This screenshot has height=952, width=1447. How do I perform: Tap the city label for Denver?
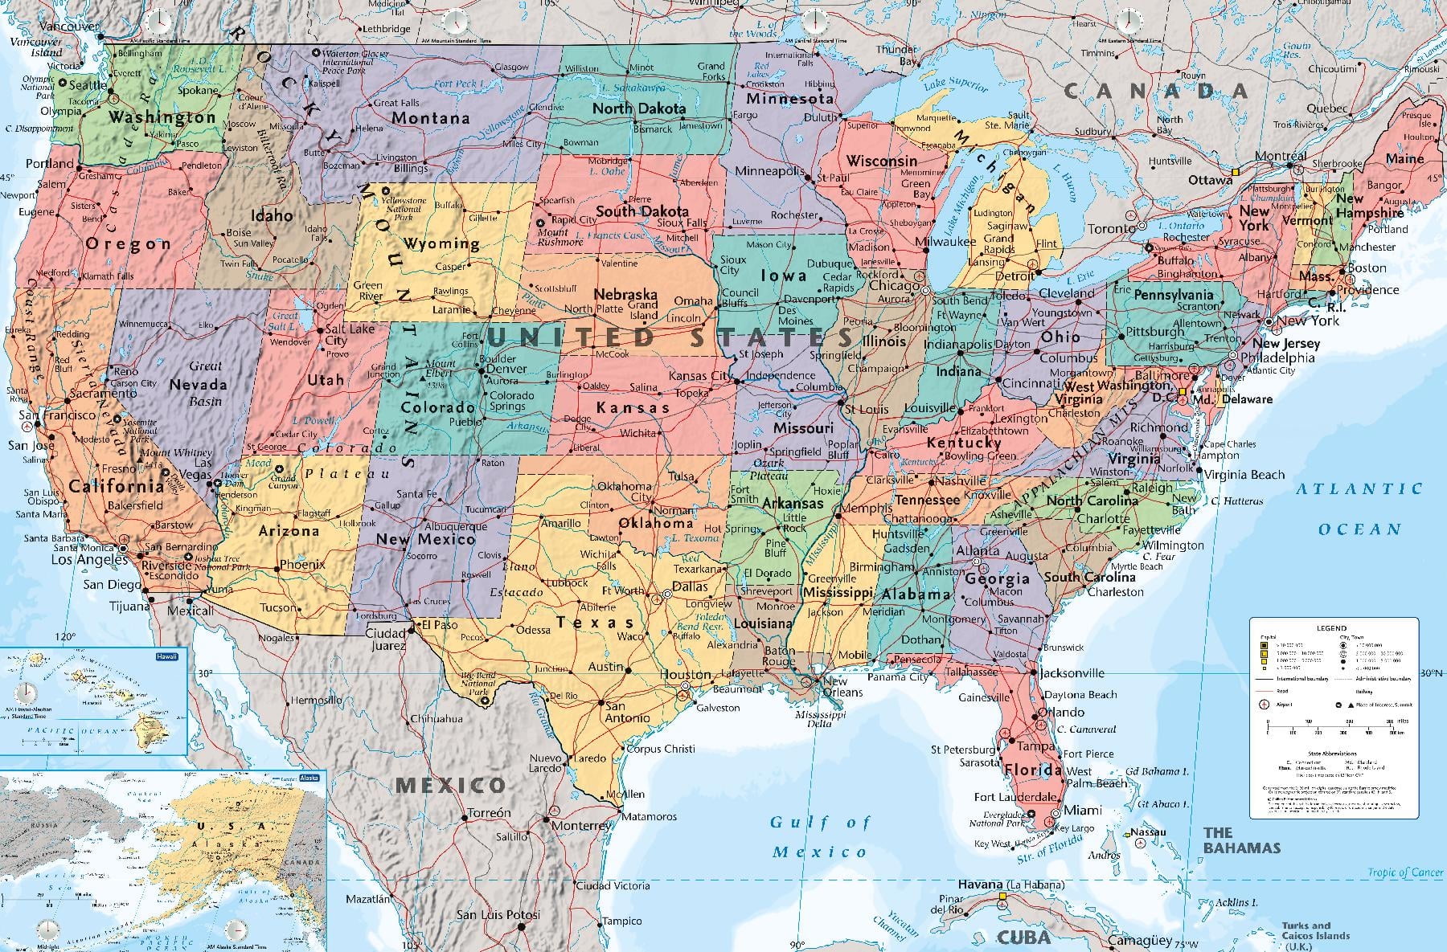click(x=506, y=370)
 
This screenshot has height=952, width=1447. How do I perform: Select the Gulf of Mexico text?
click(x=820, y=836)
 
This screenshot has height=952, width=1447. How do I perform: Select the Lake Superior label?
click(x=956, y=84)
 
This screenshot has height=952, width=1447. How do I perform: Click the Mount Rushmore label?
click(x=560, y=237)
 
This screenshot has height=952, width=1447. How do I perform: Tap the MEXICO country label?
click(x=451, y=785)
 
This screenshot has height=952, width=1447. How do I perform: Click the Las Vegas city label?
click(x=203, y=469)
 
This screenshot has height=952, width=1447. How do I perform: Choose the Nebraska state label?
click(x=625, y=295)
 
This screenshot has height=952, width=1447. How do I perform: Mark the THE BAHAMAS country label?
click(x=1240, y=840)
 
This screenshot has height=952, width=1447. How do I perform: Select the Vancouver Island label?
click(x=45, y=47)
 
